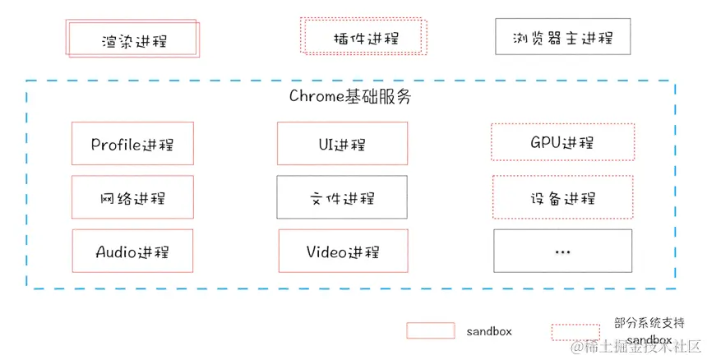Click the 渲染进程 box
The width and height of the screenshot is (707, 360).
click(132, 39)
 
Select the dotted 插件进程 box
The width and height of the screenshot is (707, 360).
click(363, 37)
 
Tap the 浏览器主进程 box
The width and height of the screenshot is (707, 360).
click(562, 37)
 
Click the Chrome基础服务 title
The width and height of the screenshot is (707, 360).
click(349, 96)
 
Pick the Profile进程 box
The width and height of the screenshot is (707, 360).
click(132, 144)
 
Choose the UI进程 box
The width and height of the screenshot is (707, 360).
click(342, 144)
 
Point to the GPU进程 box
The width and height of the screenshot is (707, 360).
click(562, 143)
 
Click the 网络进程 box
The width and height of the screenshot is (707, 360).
click(132, 197)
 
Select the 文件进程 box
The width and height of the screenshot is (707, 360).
click(342, 197)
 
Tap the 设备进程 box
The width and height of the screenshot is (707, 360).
click(562, 197)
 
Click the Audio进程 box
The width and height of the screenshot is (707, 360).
click(132, 251)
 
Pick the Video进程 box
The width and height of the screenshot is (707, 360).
click(342, 251)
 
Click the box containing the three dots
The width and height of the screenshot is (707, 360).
click(562, 251)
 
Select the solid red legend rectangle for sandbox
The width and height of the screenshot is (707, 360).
click(430, 330)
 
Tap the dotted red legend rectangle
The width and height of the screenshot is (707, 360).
click(575, 331)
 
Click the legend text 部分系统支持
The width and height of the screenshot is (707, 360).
click(649, 322)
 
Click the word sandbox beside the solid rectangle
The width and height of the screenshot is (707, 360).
click(489, 331)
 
